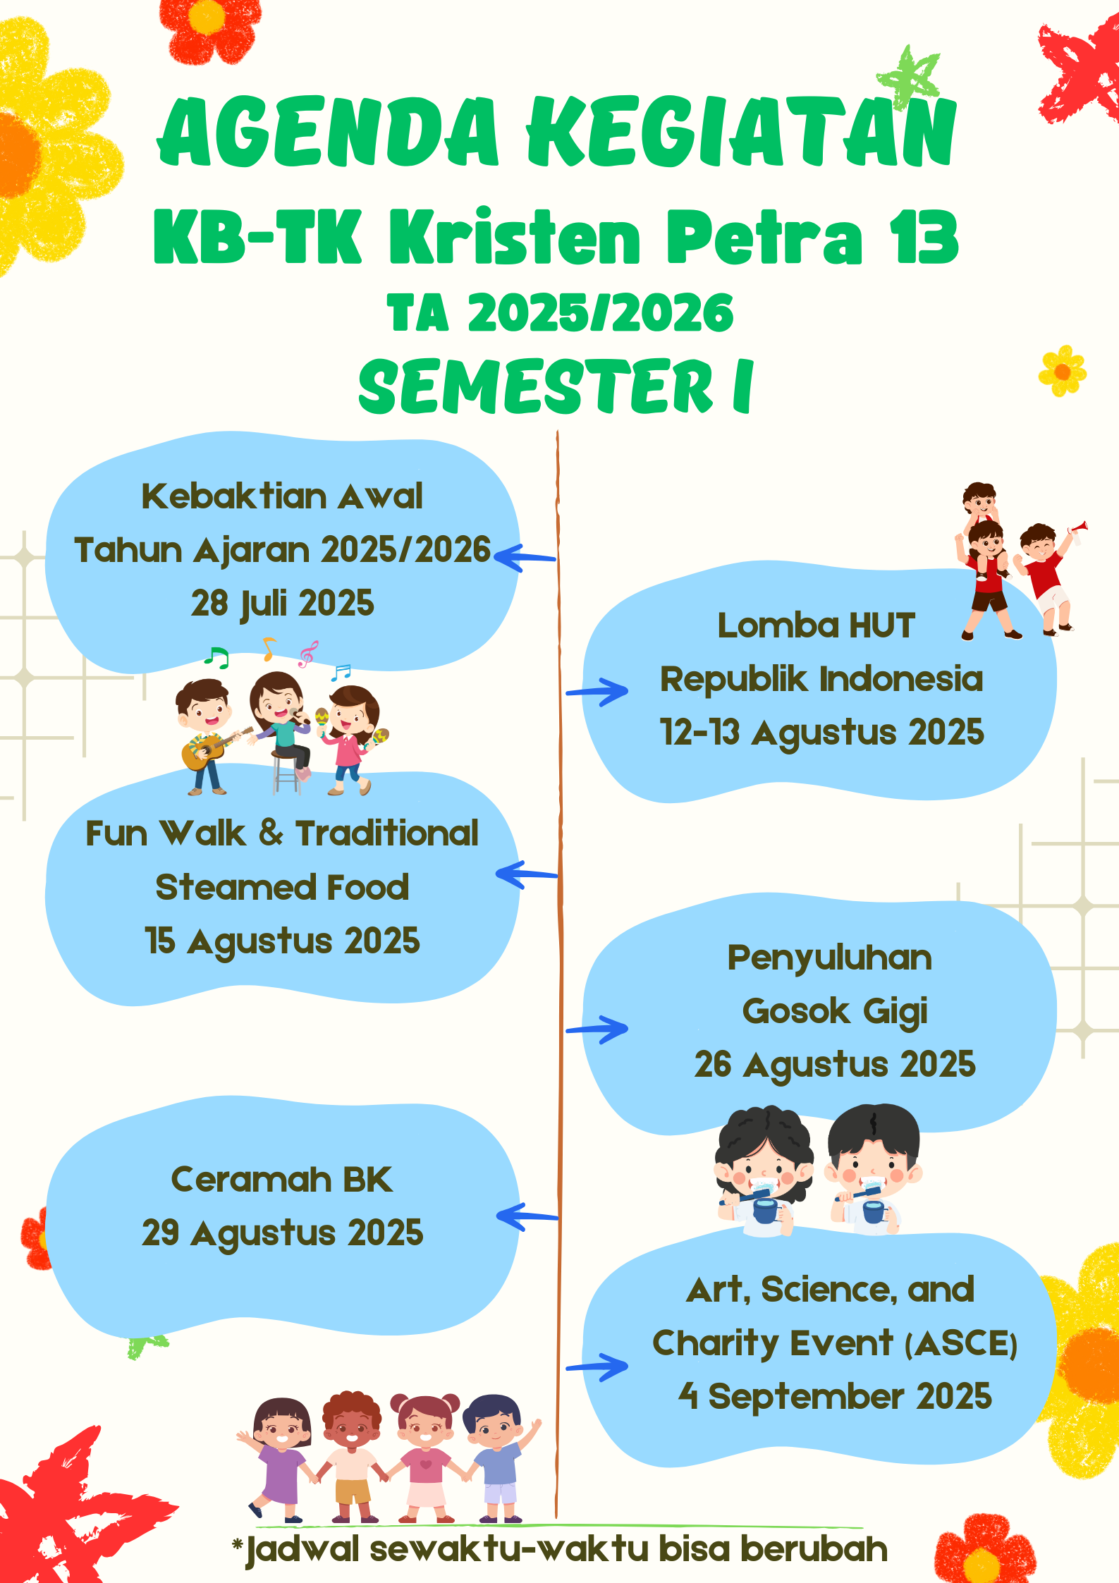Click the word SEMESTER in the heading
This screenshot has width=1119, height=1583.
pos(536,386)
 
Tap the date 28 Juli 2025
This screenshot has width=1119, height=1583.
pos(282,604)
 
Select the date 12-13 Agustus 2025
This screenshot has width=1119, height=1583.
pos(821,733)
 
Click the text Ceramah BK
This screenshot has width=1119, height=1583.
pos(282,1180)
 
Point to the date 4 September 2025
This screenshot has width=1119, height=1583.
pos(835,1396)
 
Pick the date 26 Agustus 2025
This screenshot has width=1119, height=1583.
pos(835,1065)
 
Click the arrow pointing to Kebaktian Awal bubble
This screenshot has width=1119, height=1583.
pos(525,557)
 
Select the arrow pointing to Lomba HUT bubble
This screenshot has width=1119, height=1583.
pos(597,692)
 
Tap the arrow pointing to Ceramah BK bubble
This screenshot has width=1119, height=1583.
pos(527,1216)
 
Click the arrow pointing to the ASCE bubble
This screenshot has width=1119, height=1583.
pos(597,1367)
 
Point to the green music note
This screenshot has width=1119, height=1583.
pos(216,657)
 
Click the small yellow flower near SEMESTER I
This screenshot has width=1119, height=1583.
pos(1063,371)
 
